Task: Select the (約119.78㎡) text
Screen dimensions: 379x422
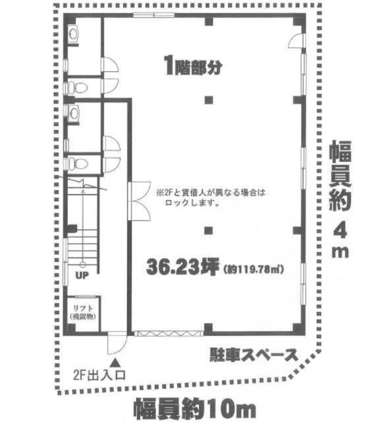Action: pos(254,269)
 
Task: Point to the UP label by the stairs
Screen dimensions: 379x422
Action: pos(82,275)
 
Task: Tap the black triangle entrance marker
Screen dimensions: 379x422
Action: pos(116,362)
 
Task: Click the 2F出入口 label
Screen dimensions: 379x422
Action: pos(99,376)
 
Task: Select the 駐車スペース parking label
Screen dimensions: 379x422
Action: pos(254,355)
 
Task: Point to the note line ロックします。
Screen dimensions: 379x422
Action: pos(192,203)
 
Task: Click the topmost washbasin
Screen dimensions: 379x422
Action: pos(73,34)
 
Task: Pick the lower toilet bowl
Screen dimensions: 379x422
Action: pos(78,163)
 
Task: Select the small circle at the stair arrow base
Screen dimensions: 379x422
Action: pos(83,265)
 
